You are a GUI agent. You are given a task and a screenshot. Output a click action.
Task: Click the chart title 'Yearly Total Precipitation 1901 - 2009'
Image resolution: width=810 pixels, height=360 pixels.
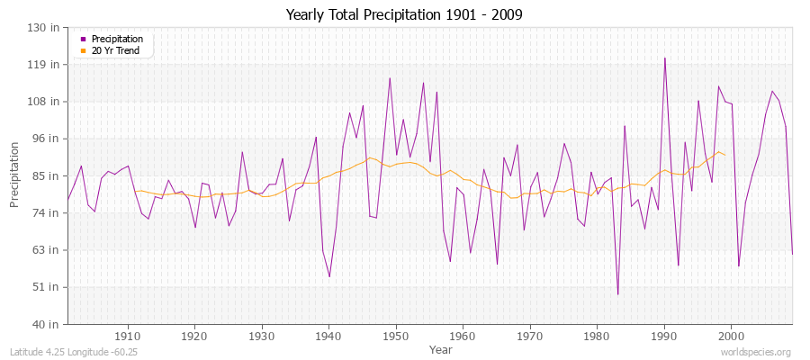click(405, 14)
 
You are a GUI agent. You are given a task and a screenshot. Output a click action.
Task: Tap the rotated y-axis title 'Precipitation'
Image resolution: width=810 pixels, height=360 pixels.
click(14, 175)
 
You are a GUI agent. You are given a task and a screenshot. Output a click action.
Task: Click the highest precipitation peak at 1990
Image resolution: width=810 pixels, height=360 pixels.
click(665, 58)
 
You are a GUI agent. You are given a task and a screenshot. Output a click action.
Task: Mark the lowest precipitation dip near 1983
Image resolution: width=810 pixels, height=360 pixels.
click(617, 294)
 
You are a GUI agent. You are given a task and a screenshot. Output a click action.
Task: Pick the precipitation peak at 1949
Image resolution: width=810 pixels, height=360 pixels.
click(390, 77)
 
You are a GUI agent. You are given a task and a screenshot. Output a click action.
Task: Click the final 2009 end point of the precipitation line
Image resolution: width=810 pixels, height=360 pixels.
click(792, 255)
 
